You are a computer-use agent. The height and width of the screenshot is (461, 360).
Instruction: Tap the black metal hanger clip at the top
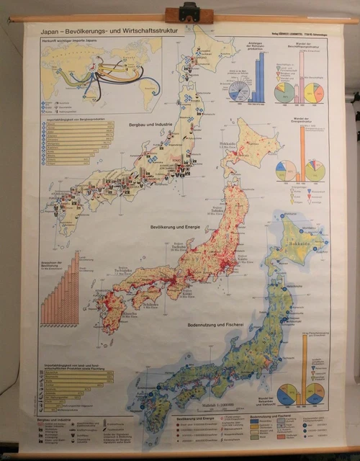tap(189, 12)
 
